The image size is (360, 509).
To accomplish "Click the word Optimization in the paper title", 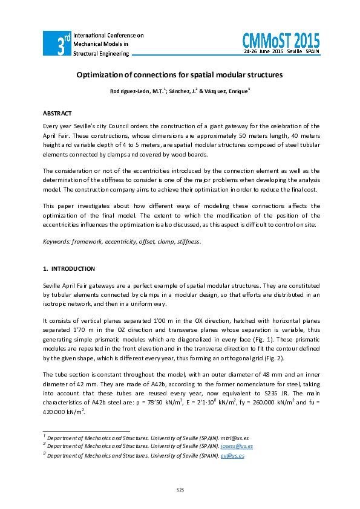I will point(99,75).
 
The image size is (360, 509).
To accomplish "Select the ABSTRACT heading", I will point(57,114).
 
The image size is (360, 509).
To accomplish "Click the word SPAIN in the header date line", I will point(312,53).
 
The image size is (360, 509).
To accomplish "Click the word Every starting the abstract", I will point(51,126).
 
